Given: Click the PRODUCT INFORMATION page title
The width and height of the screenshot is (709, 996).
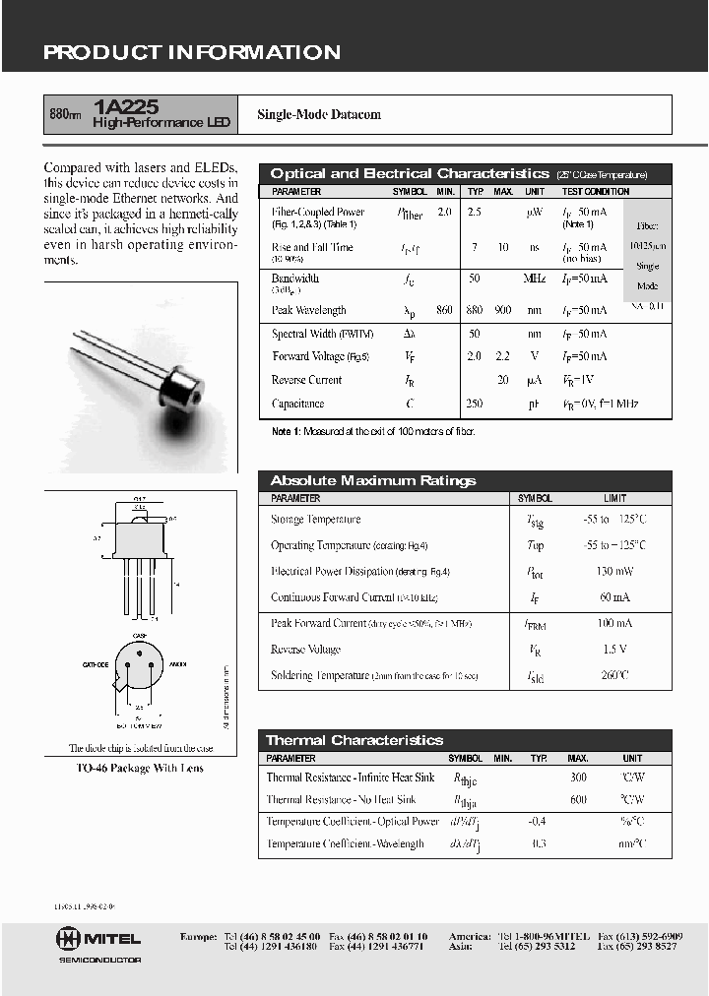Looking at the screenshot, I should pyautogui.click(x=192, y=53).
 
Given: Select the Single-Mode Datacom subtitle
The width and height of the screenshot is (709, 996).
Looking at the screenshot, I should pyautogui.click(x=319, y=115).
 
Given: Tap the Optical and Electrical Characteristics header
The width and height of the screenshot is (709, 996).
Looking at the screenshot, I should pyautogui.click(x=409, y=173).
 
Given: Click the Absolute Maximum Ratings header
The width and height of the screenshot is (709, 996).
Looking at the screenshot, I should pyautogui.click(x=372, y=480).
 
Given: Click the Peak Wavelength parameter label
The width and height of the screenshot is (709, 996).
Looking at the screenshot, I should pyautogui.click(x=309, y=310).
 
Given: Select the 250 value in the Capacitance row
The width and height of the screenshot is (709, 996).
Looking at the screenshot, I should pyautogui.click(x=476, y=404).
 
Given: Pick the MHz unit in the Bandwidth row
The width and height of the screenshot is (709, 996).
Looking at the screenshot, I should pyautogui.click(x=534, y=280).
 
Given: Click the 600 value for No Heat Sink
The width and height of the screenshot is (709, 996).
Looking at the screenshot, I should pyautogui.click(x=578, y=799).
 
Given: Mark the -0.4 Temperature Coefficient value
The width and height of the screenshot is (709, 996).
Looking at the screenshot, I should pyautogui.click(x=537, y=821).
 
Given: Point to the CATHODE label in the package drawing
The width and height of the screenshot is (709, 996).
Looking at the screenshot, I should pyautogui.click(x=96, y=664).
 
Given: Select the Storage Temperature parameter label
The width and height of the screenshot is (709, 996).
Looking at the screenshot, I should pyautogui.click(x=316, y=519).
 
